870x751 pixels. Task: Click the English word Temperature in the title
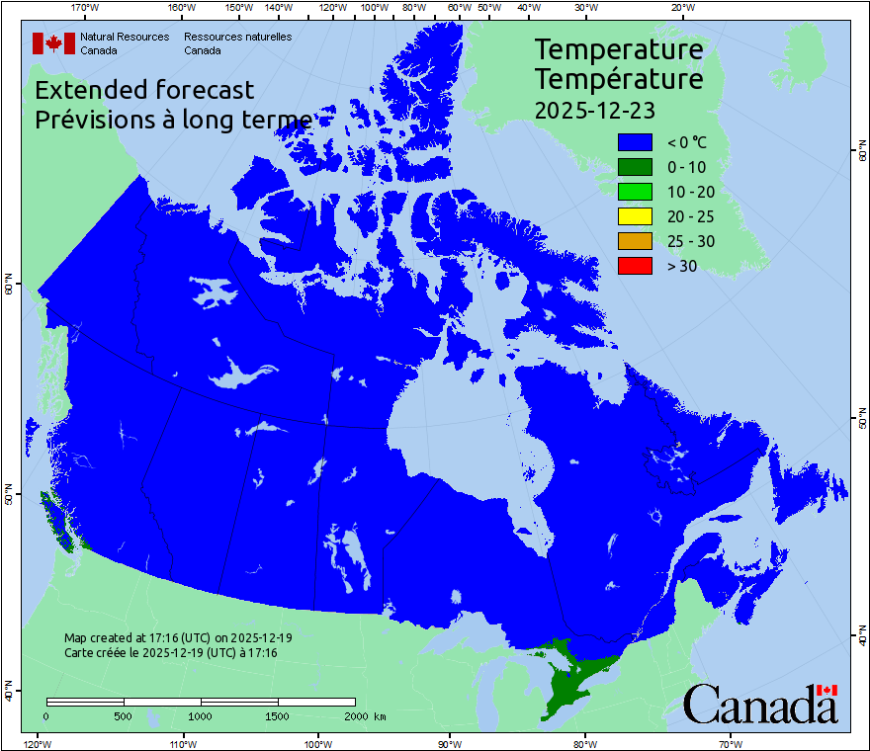pos(619,49)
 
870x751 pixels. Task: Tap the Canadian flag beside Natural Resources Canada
pos(53,42)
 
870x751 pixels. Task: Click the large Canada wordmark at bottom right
pos(759,705)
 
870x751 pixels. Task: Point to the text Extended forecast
pos(144,90)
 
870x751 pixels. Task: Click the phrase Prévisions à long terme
pos(174,121)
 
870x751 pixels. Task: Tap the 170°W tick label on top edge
pos(86,8)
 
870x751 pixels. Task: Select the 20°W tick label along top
pos(681,8)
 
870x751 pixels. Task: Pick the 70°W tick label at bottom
pos(730,743)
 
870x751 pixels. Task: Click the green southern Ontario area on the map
pos(573,682)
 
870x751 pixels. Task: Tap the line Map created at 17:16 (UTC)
pos(178,638)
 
